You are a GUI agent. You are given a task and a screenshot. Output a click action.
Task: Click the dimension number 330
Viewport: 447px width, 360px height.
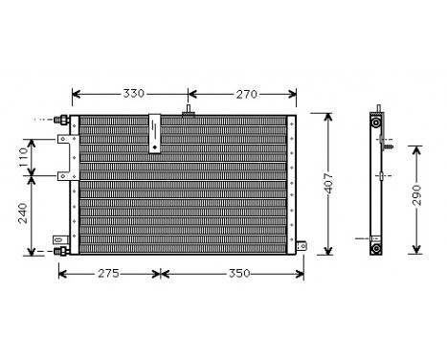(132, 94)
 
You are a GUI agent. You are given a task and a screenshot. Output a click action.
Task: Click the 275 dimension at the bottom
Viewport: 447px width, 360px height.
(108, 274)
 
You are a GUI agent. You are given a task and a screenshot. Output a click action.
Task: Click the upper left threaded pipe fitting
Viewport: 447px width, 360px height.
(64, 121)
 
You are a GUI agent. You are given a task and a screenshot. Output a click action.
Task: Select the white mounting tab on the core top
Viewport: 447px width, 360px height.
(154, 135)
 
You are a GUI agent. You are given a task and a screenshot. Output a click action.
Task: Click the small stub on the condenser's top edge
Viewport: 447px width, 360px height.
(187, 113)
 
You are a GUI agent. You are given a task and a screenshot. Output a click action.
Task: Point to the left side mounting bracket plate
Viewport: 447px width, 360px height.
(65, 157)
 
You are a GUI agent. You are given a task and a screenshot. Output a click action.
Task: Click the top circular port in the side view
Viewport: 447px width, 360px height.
(376, 124)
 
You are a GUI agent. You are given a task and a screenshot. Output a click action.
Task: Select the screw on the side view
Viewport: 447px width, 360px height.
(386, 147)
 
